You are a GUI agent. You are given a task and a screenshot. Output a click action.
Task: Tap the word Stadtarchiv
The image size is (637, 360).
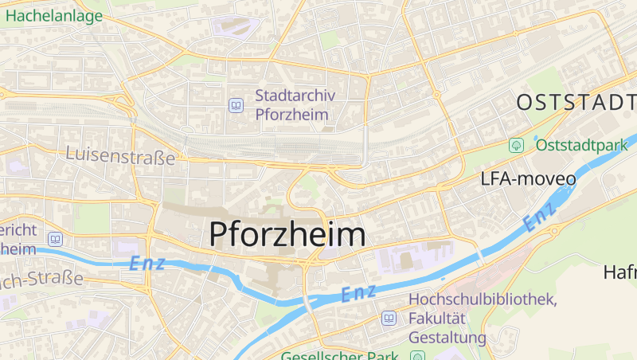[295, 96]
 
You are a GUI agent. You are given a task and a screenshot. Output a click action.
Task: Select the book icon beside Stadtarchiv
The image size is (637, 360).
[236, 105]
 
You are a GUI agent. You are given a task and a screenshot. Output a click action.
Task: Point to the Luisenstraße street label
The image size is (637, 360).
[121, 157]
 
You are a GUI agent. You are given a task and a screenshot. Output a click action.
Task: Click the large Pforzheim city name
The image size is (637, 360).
[287, 234]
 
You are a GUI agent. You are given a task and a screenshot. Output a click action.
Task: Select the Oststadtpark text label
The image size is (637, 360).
[582, 145]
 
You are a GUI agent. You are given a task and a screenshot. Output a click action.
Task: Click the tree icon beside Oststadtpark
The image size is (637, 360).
[517, 145]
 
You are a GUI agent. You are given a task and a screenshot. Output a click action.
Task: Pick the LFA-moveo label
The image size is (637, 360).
[528, 178]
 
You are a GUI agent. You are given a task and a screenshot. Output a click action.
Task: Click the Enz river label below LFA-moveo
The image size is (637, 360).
[540, 216]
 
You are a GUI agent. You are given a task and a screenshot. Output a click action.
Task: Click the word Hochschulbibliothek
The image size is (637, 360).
[482, 299]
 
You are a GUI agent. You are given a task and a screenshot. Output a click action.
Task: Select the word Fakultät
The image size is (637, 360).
[438, 319]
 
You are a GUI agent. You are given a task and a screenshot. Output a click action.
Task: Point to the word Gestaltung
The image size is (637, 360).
[447, 338]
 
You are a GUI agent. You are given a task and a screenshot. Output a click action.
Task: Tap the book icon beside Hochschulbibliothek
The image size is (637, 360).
[389, 319]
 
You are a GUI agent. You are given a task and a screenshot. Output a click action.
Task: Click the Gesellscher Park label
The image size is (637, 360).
[338, 355]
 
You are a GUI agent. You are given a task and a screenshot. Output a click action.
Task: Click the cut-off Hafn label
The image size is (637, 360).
[620, 272]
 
